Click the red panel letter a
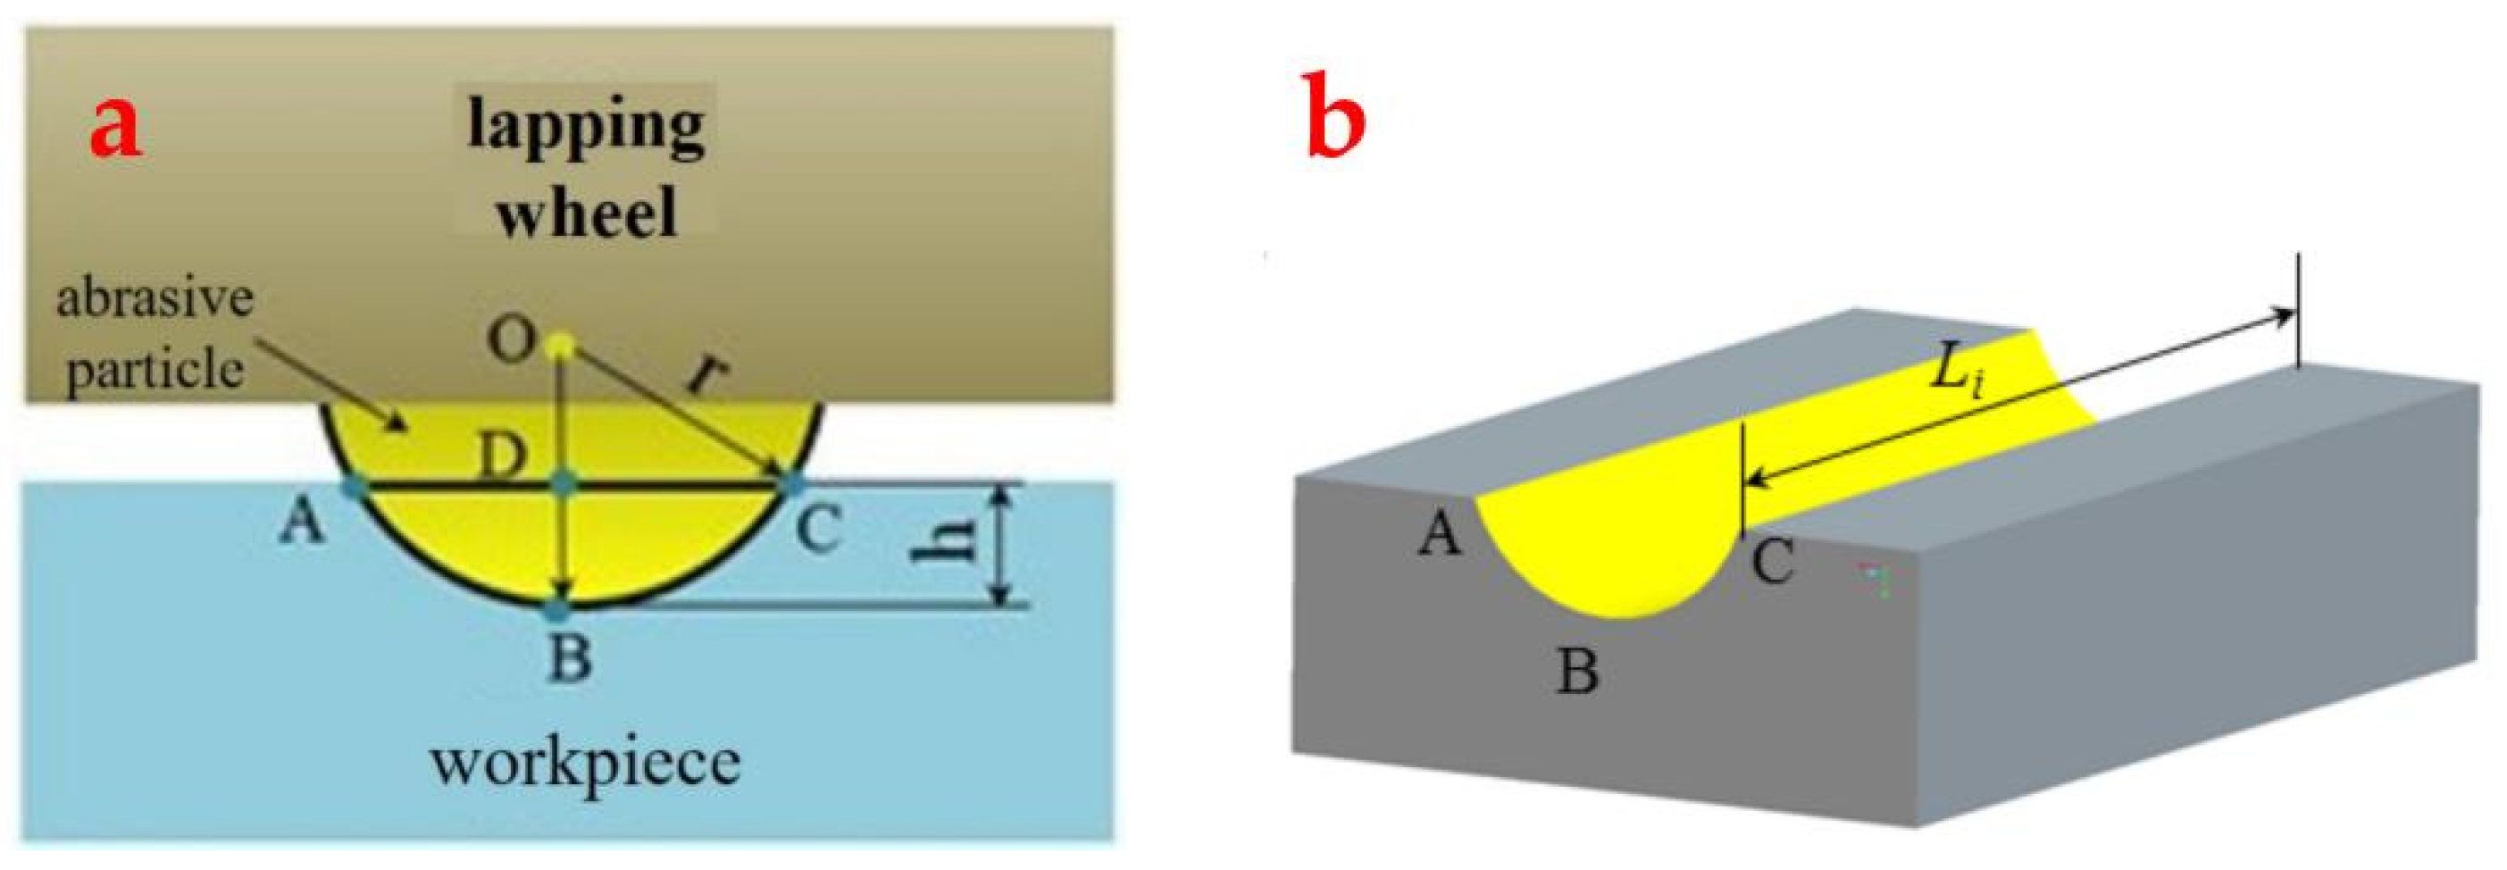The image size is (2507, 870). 116,129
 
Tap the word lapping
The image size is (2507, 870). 586,128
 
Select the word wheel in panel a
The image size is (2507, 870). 586,213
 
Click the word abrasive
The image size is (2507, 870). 155,297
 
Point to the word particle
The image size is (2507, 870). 155,371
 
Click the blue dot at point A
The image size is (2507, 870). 355,486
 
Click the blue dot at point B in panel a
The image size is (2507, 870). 556,610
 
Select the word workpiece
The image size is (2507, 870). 586,764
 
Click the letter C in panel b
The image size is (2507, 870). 1772,563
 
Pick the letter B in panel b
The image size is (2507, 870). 1577,672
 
